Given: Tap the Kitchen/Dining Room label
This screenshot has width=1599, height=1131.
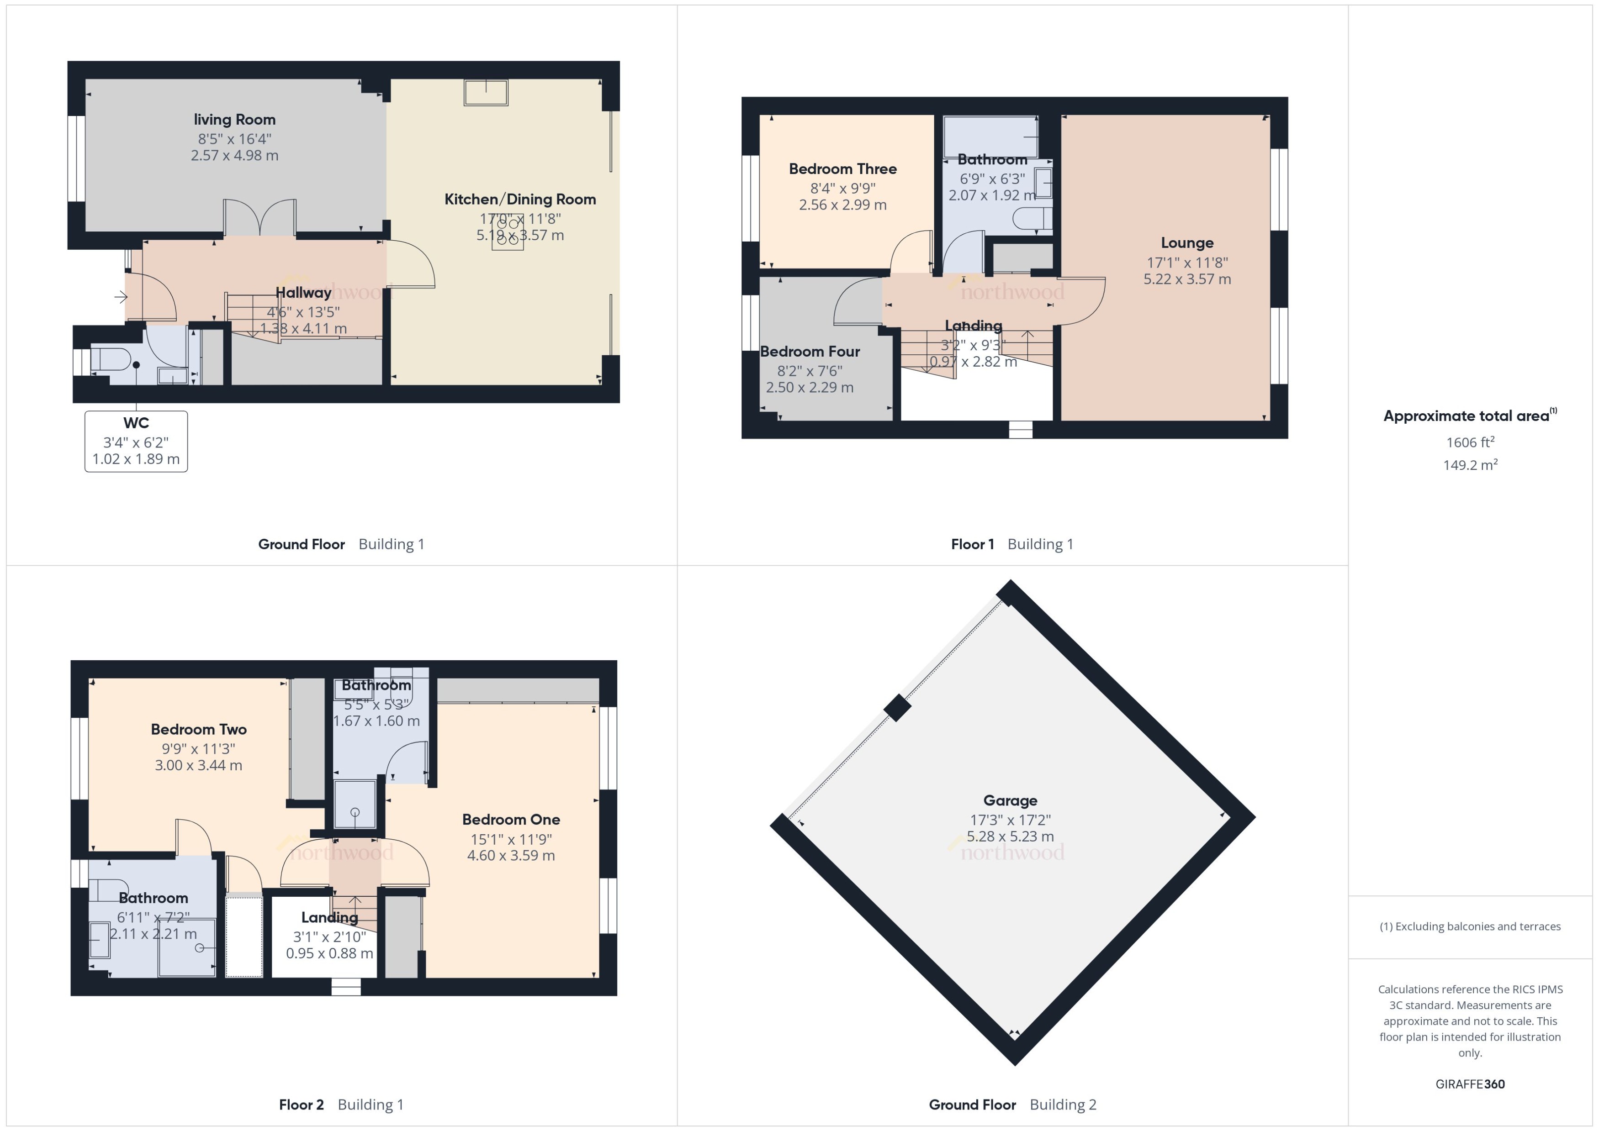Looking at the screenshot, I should pos(520,199).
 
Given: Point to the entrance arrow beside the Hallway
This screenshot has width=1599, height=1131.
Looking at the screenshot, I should pos(121,297).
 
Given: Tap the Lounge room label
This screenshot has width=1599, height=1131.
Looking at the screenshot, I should pos(1186,243).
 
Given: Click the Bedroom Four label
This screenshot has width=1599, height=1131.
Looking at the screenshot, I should pos(810,352).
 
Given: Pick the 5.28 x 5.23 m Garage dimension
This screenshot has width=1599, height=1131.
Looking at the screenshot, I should pos(1010,836).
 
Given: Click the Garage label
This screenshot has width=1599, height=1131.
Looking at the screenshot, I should pos(1010,801).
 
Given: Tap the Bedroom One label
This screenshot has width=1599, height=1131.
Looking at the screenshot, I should pos(511,820).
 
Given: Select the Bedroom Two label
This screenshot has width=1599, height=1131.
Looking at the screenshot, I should pos(199,729).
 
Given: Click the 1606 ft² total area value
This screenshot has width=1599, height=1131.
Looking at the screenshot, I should pos(1469,442).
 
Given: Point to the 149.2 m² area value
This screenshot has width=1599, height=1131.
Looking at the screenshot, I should pos(1469,465).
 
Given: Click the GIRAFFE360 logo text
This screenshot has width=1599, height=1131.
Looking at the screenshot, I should pos(1469,1084).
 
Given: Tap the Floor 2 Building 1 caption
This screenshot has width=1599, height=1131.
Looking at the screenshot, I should pos(341,1105).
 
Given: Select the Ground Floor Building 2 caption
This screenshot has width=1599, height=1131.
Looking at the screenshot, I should pos(1011,1105).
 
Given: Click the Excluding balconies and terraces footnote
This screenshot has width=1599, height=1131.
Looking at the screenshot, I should pos(1469,926).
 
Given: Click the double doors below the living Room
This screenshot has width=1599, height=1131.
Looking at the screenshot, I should pos(259,217).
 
